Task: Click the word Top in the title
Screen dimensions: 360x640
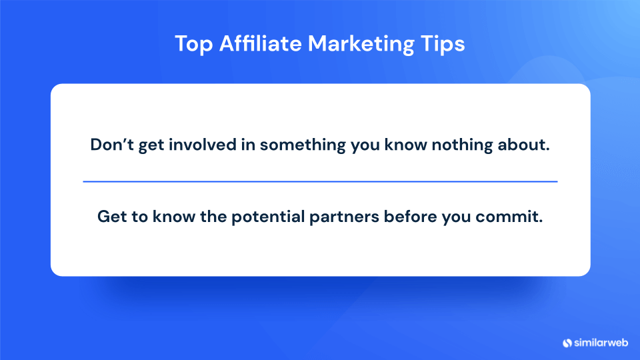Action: click(x=191, y=44)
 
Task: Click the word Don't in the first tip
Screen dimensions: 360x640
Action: click(x=111, y=145)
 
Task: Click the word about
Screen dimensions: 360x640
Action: click(x=525, y=145)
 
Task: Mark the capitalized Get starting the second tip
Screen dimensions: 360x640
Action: click(x=111, y=217)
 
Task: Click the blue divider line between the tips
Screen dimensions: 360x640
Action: click(x=320, y=181)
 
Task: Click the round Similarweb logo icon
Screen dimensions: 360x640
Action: click(x=567, y=343)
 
